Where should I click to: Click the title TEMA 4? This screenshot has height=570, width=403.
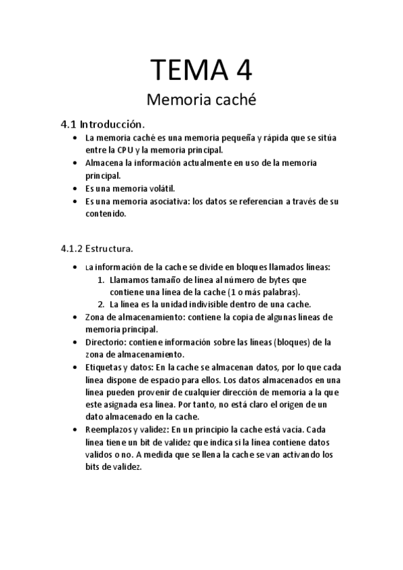tap(201, 70)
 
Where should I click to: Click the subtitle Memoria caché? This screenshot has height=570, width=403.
tap(201, 101)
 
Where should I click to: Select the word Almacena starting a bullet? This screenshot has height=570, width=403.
tap(105, 163)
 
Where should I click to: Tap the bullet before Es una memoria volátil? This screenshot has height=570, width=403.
tap(74, 189)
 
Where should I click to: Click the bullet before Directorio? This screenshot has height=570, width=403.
tap(74, 342)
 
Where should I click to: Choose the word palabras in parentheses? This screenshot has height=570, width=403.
tap(279, 292)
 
